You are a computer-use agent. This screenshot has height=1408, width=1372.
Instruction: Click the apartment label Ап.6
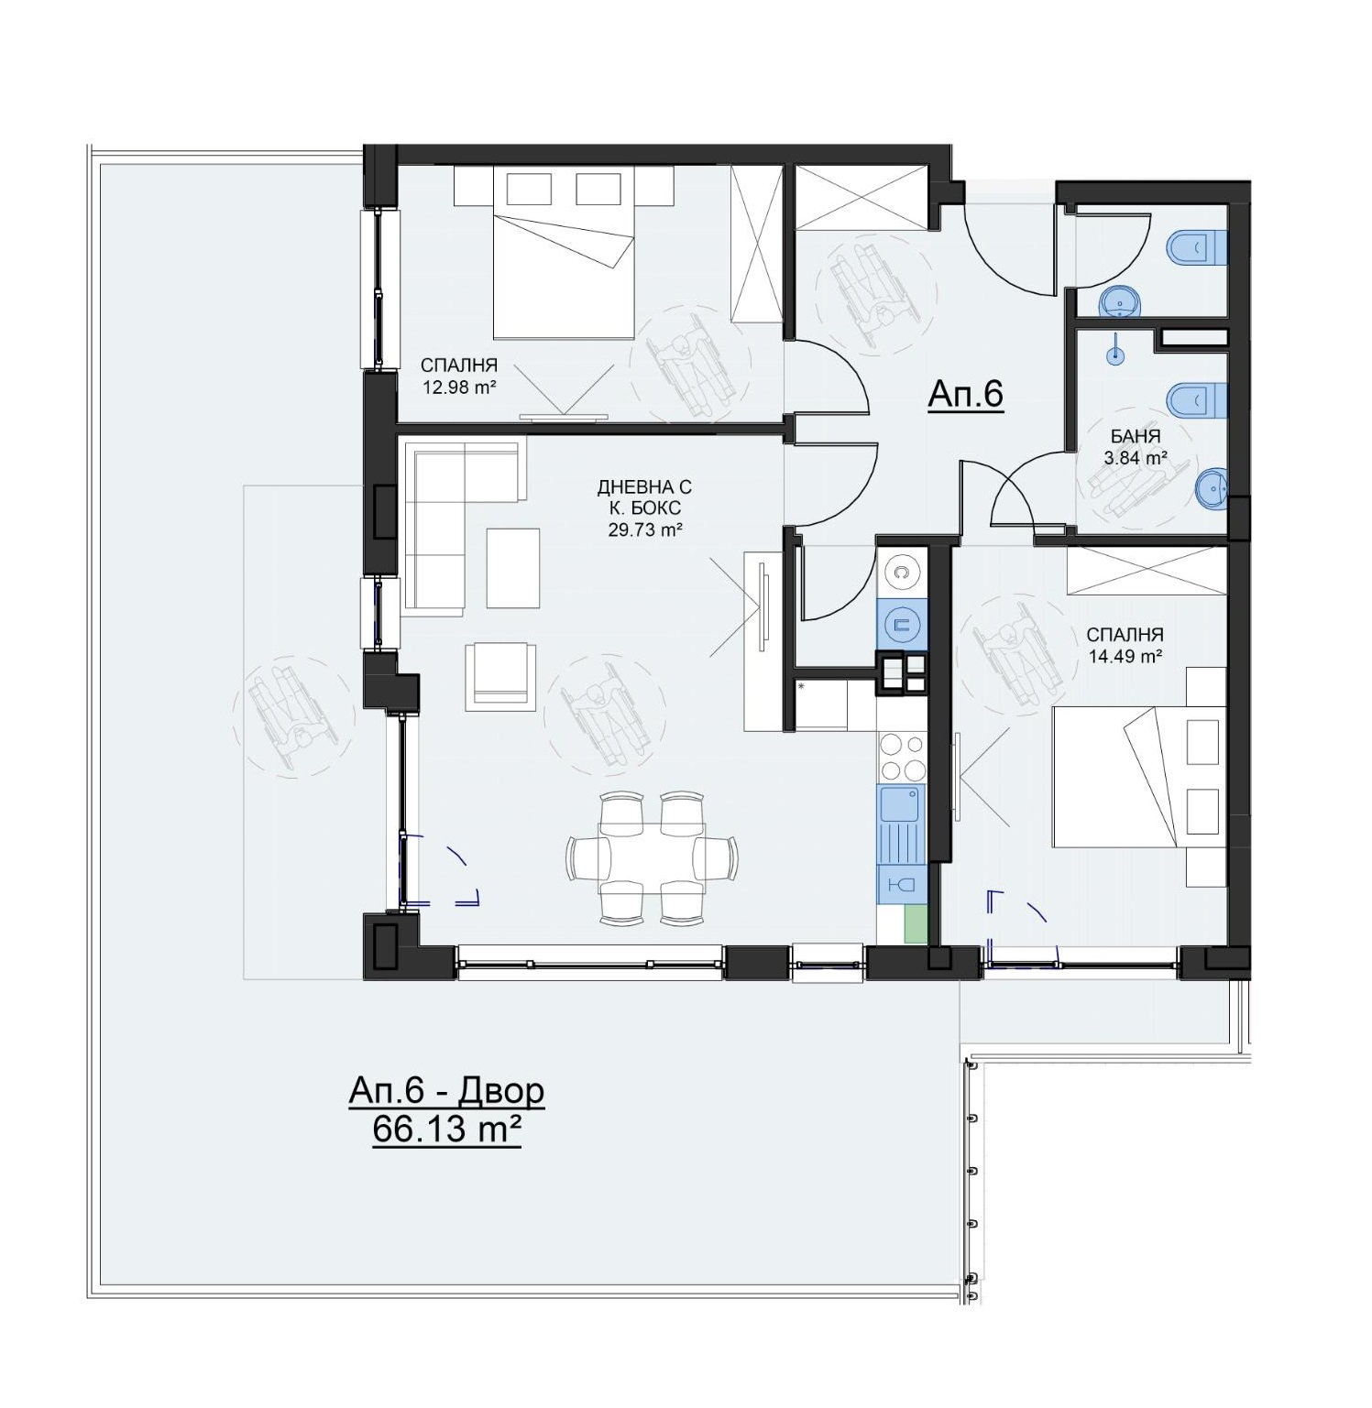pyautogui.click(x=966, y=394)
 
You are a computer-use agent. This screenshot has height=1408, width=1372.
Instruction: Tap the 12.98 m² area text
pyautogui.click(x=458, y=387)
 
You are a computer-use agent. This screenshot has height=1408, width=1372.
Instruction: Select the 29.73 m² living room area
pyautogui.click(x=645, y=529)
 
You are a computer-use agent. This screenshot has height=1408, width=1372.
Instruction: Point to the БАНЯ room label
pyautogui.click(x=1136, y=437)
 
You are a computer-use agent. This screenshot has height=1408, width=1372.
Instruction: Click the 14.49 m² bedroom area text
pyautogui.click(x=1125, y=655)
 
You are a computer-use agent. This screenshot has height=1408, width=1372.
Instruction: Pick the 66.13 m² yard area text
pyautogui.click(x=446, y=1130)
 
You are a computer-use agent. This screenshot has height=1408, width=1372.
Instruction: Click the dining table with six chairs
pyautogui.click(x=652, y=857)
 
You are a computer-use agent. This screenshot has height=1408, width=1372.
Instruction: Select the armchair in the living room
pyautogui.click(x=500, y=676)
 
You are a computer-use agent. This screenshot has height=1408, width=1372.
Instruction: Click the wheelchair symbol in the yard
pyautogui.click(x=294, y=715)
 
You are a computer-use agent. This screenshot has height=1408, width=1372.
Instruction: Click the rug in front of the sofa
pyautogui.click(x=512, y=568)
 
